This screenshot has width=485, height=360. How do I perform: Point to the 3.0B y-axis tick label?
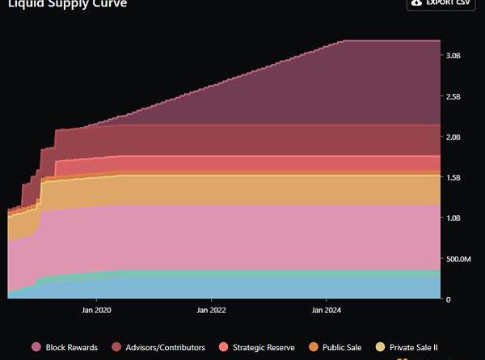click(453, 56)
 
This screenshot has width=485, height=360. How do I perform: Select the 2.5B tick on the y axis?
click(453, 96)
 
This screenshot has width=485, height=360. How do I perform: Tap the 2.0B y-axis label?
click(453, 137)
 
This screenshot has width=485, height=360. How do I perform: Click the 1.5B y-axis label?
click(453, 177)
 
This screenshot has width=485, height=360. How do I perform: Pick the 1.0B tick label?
click(453, 218)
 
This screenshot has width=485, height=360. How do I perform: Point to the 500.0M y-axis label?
click(458, 259)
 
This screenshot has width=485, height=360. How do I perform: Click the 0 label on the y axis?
click(449, 299)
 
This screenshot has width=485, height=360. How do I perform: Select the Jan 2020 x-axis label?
click(97, 309)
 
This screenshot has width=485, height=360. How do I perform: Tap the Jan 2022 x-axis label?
click(211, 309)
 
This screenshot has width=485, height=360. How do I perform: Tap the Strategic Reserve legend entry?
click(264, 347)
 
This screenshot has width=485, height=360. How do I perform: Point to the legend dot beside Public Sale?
click(314, 347)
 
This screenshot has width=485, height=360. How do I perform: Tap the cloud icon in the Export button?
click(417, 3)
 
